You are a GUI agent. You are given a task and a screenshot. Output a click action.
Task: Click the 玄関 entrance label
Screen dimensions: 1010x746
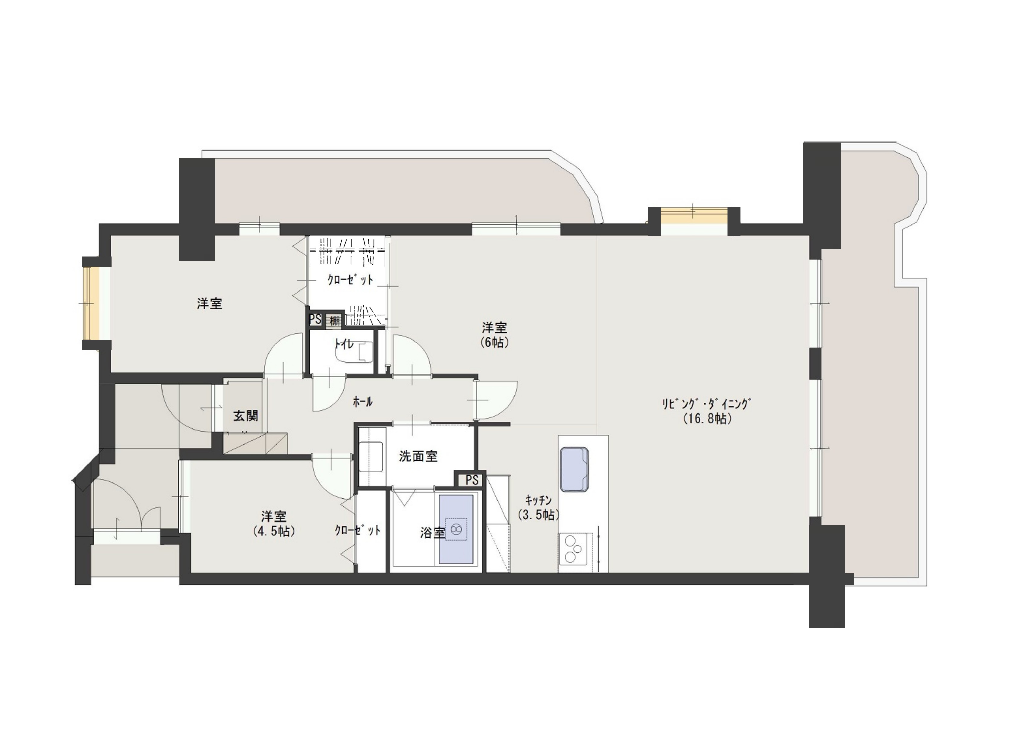tap(246, 416)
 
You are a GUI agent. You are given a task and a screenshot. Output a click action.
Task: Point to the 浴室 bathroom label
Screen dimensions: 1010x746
tap(433, 533)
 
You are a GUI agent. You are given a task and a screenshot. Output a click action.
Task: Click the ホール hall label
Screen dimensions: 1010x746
tap(362, 401)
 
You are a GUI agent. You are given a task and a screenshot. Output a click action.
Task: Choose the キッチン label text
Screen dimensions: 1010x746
tap(538, 500)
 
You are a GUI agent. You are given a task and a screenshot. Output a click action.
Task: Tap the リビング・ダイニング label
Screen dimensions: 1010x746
tap(706, 404)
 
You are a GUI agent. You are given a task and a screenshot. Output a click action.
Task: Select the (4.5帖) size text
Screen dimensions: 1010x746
tap(274, 531)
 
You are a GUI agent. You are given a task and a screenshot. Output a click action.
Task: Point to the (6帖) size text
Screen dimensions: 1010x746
tap(495, 342)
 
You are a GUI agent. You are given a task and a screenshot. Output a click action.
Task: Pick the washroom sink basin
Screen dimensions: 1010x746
tap(371, 457)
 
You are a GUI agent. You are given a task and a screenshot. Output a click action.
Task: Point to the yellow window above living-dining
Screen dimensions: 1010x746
tap(694, 216)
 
